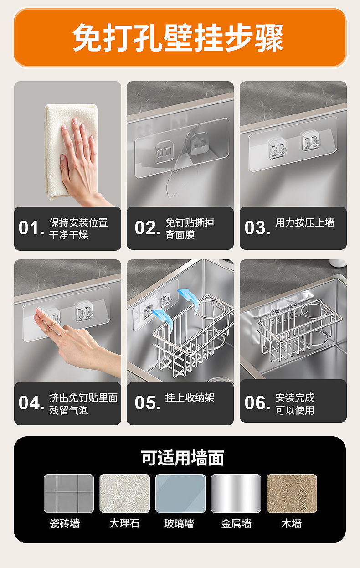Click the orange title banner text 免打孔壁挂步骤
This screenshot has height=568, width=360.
[178, 38]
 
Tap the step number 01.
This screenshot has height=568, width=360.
[31, 227]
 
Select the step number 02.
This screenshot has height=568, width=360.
[148, 227]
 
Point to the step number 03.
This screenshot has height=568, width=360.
[257, 227]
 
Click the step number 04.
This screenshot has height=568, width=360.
[31, 403]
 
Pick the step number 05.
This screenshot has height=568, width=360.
[148, 403]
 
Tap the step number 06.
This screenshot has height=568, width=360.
[257, 403]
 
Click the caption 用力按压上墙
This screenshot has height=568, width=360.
[305, 222]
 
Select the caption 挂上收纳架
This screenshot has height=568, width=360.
[190, 398]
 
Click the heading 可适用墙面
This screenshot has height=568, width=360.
[182, 458]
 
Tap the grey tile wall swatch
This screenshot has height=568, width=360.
[69, 494]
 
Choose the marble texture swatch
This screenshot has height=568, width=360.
[124, 494]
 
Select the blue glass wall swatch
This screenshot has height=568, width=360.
[180, 494]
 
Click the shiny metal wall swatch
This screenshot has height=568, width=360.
[236, 494]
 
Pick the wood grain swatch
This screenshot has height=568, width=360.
[292, 494]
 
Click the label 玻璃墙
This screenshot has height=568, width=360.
[179, 524]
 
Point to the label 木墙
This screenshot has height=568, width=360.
[292, 524]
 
